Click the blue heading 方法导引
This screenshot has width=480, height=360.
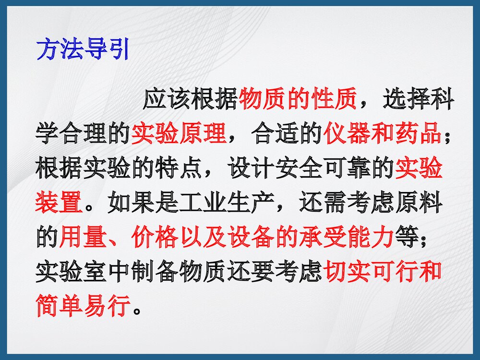point(83,49)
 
